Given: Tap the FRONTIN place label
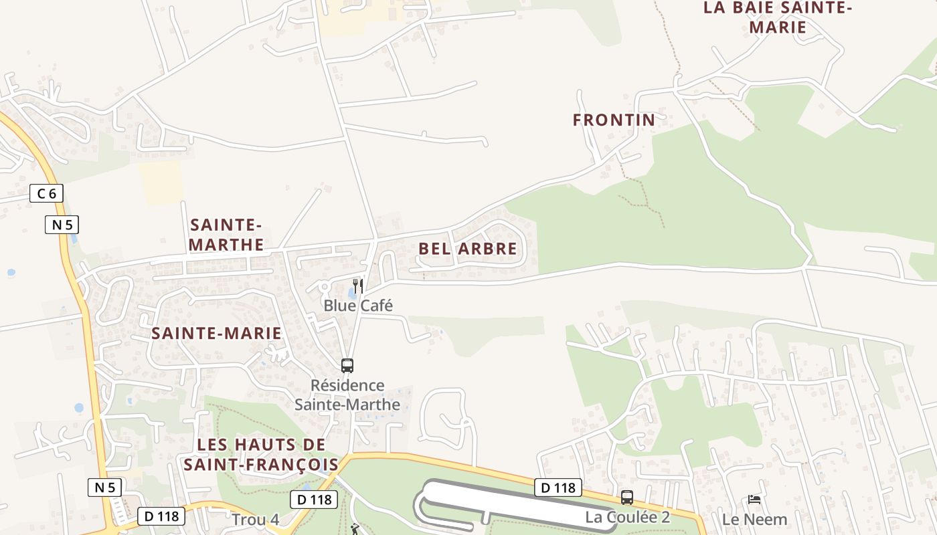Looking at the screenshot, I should (x=614, y=120).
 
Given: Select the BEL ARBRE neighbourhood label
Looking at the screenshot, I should (x=468, y=249).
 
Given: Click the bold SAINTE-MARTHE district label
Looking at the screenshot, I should (x=226, y=235).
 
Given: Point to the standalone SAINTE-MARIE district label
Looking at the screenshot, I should (x=216, y=333).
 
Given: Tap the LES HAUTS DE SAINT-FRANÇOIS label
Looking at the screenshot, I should (x=261, y=454).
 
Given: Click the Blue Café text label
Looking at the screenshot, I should (x=358, y=306).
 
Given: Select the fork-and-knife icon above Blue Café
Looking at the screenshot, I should (x=358, y=286).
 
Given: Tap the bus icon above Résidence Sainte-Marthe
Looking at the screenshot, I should (x=347, y=366).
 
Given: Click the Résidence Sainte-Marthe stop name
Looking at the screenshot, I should (x=347, y=395).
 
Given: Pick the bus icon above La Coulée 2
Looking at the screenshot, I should (x=627, y=498).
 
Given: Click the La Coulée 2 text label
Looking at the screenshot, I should (x=627, y=517).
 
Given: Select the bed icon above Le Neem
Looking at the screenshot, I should (x=754, y=499).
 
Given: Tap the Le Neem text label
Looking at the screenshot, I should (x=754, y=519).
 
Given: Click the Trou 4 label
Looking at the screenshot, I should (x=255, y=520).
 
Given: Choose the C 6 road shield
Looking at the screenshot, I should (x=47, y=194).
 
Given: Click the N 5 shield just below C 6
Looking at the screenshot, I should (x=62, y=225).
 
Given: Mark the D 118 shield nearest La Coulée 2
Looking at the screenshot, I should (x=558, y=488).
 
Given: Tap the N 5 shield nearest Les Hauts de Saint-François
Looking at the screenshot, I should (x=105, y=488).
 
